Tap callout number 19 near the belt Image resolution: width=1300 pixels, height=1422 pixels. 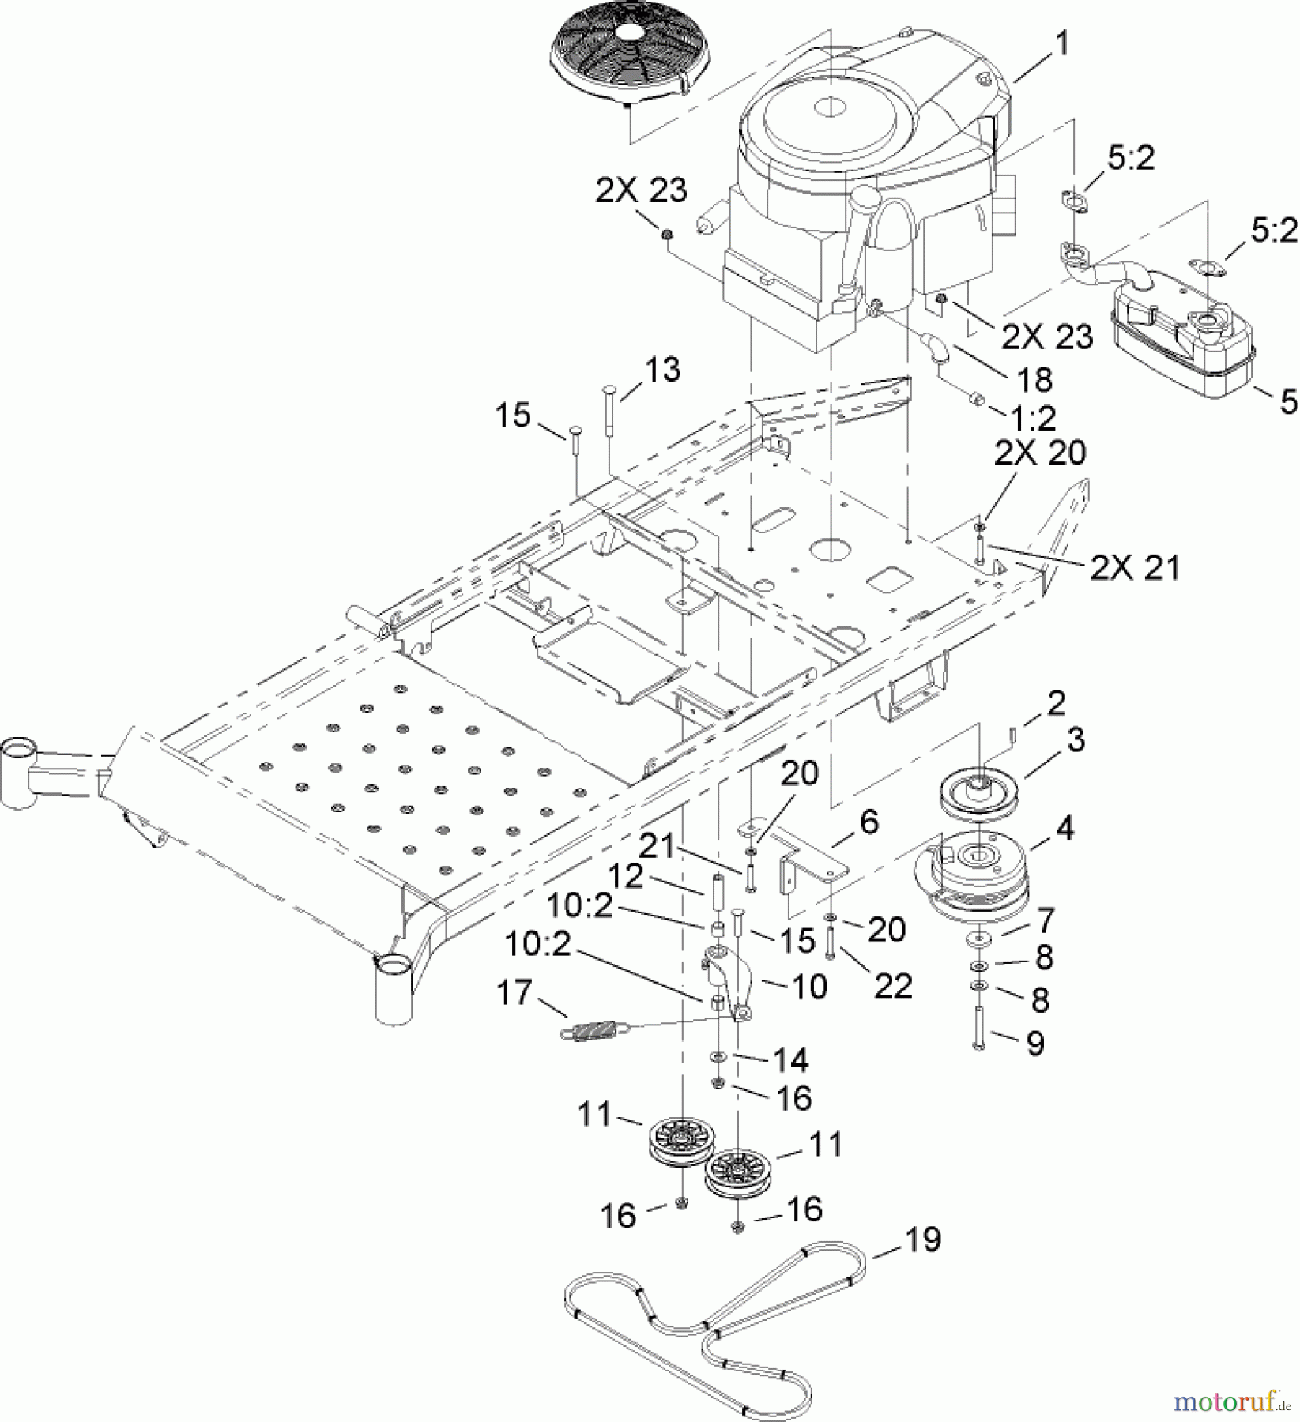(922, 1240)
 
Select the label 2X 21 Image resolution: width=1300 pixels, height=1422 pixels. (1135, 568)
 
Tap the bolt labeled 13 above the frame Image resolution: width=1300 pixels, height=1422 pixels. (612, 407)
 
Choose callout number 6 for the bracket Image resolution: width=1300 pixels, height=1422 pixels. (869, 822)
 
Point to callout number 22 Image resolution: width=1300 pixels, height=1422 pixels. (894, 986)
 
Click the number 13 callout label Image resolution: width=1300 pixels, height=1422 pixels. (662, 370)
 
